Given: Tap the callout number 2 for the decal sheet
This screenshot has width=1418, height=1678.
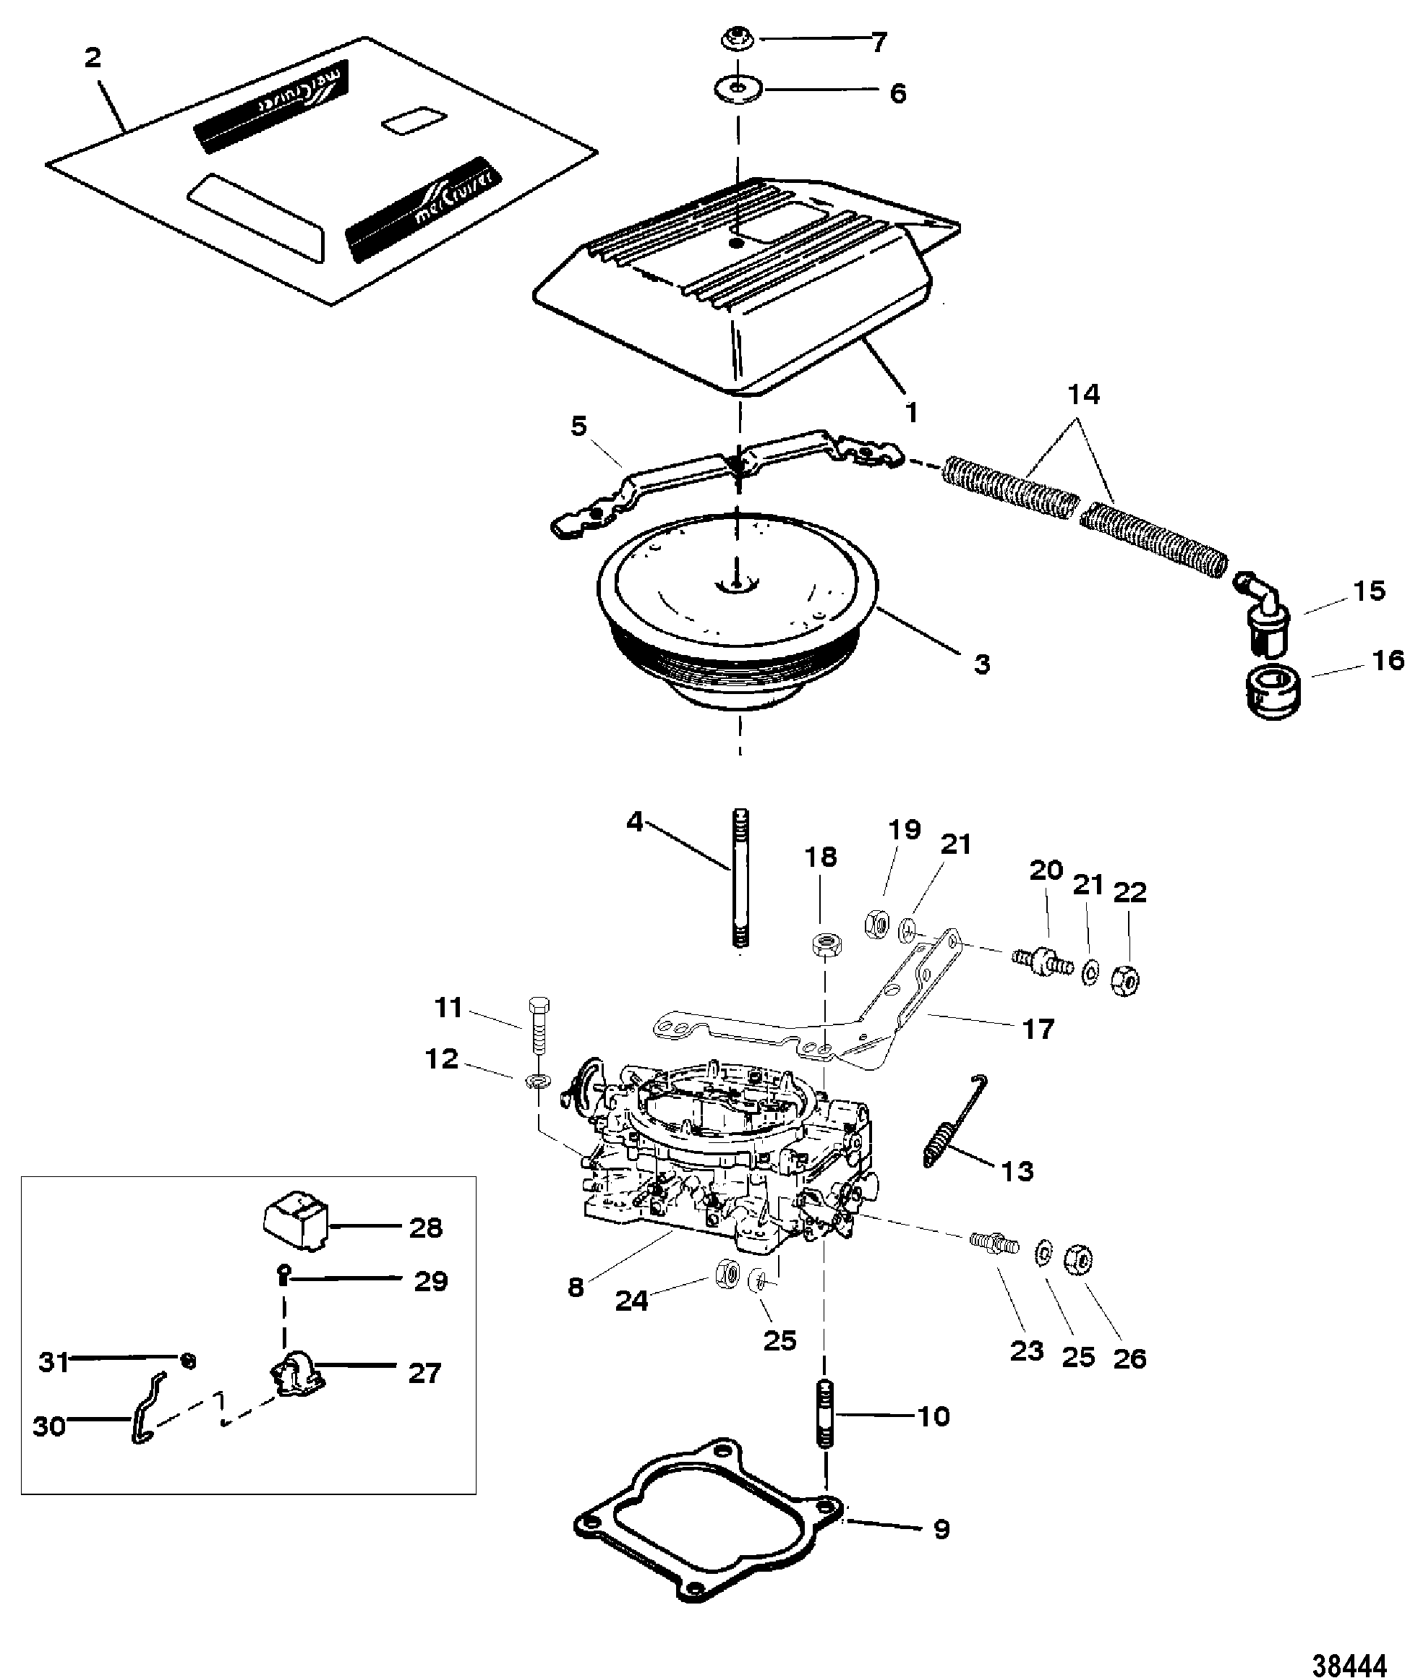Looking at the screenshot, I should pyautogui.click(x=93, y=58).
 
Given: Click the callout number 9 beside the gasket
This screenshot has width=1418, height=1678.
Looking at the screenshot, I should pyautogui.click(x=941, y=1528).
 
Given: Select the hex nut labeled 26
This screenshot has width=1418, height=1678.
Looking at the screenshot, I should pyautogui.click(x=1077, y=1259).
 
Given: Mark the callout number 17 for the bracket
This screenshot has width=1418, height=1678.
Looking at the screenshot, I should pyautogui.click(x=1038, y=1030).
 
